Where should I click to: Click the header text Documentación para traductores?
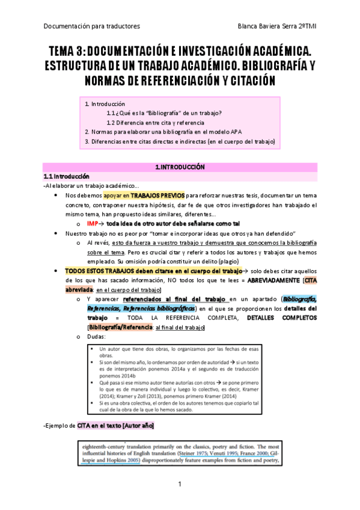click(x=92, y=26)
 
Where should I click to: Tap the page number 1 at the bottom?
click(x=180, y=484)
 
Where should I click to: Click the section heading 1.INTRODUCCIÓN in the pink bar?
click(x=180, y=167)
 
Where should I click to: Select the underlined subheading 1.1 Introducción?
click(x=66, y=177)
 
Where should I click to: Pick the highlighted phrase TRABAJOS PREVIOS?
click(x=157, y=195)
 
